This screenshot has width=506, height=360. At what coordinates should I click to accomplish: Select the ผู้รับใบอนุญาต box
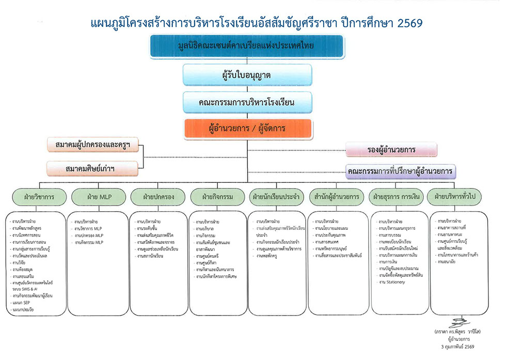pyautogui.click(x=247, y=75)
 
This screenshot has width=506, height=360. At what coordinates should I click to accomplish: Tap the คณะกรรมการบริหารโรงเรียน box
pyautogui.click(x=247, y=102)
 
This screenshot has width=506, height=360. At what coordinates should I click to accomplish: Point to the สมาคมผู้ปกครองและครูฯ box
pyautogui.click(x=92, y=145)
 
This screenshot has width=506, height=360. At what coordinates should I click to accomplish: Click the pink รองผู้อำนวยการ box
pyautogui.click(x=391, y=150)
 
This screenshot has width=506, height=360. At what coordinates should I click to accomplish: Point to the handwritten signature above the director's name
pyautogui.click(x=454, y=323)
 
